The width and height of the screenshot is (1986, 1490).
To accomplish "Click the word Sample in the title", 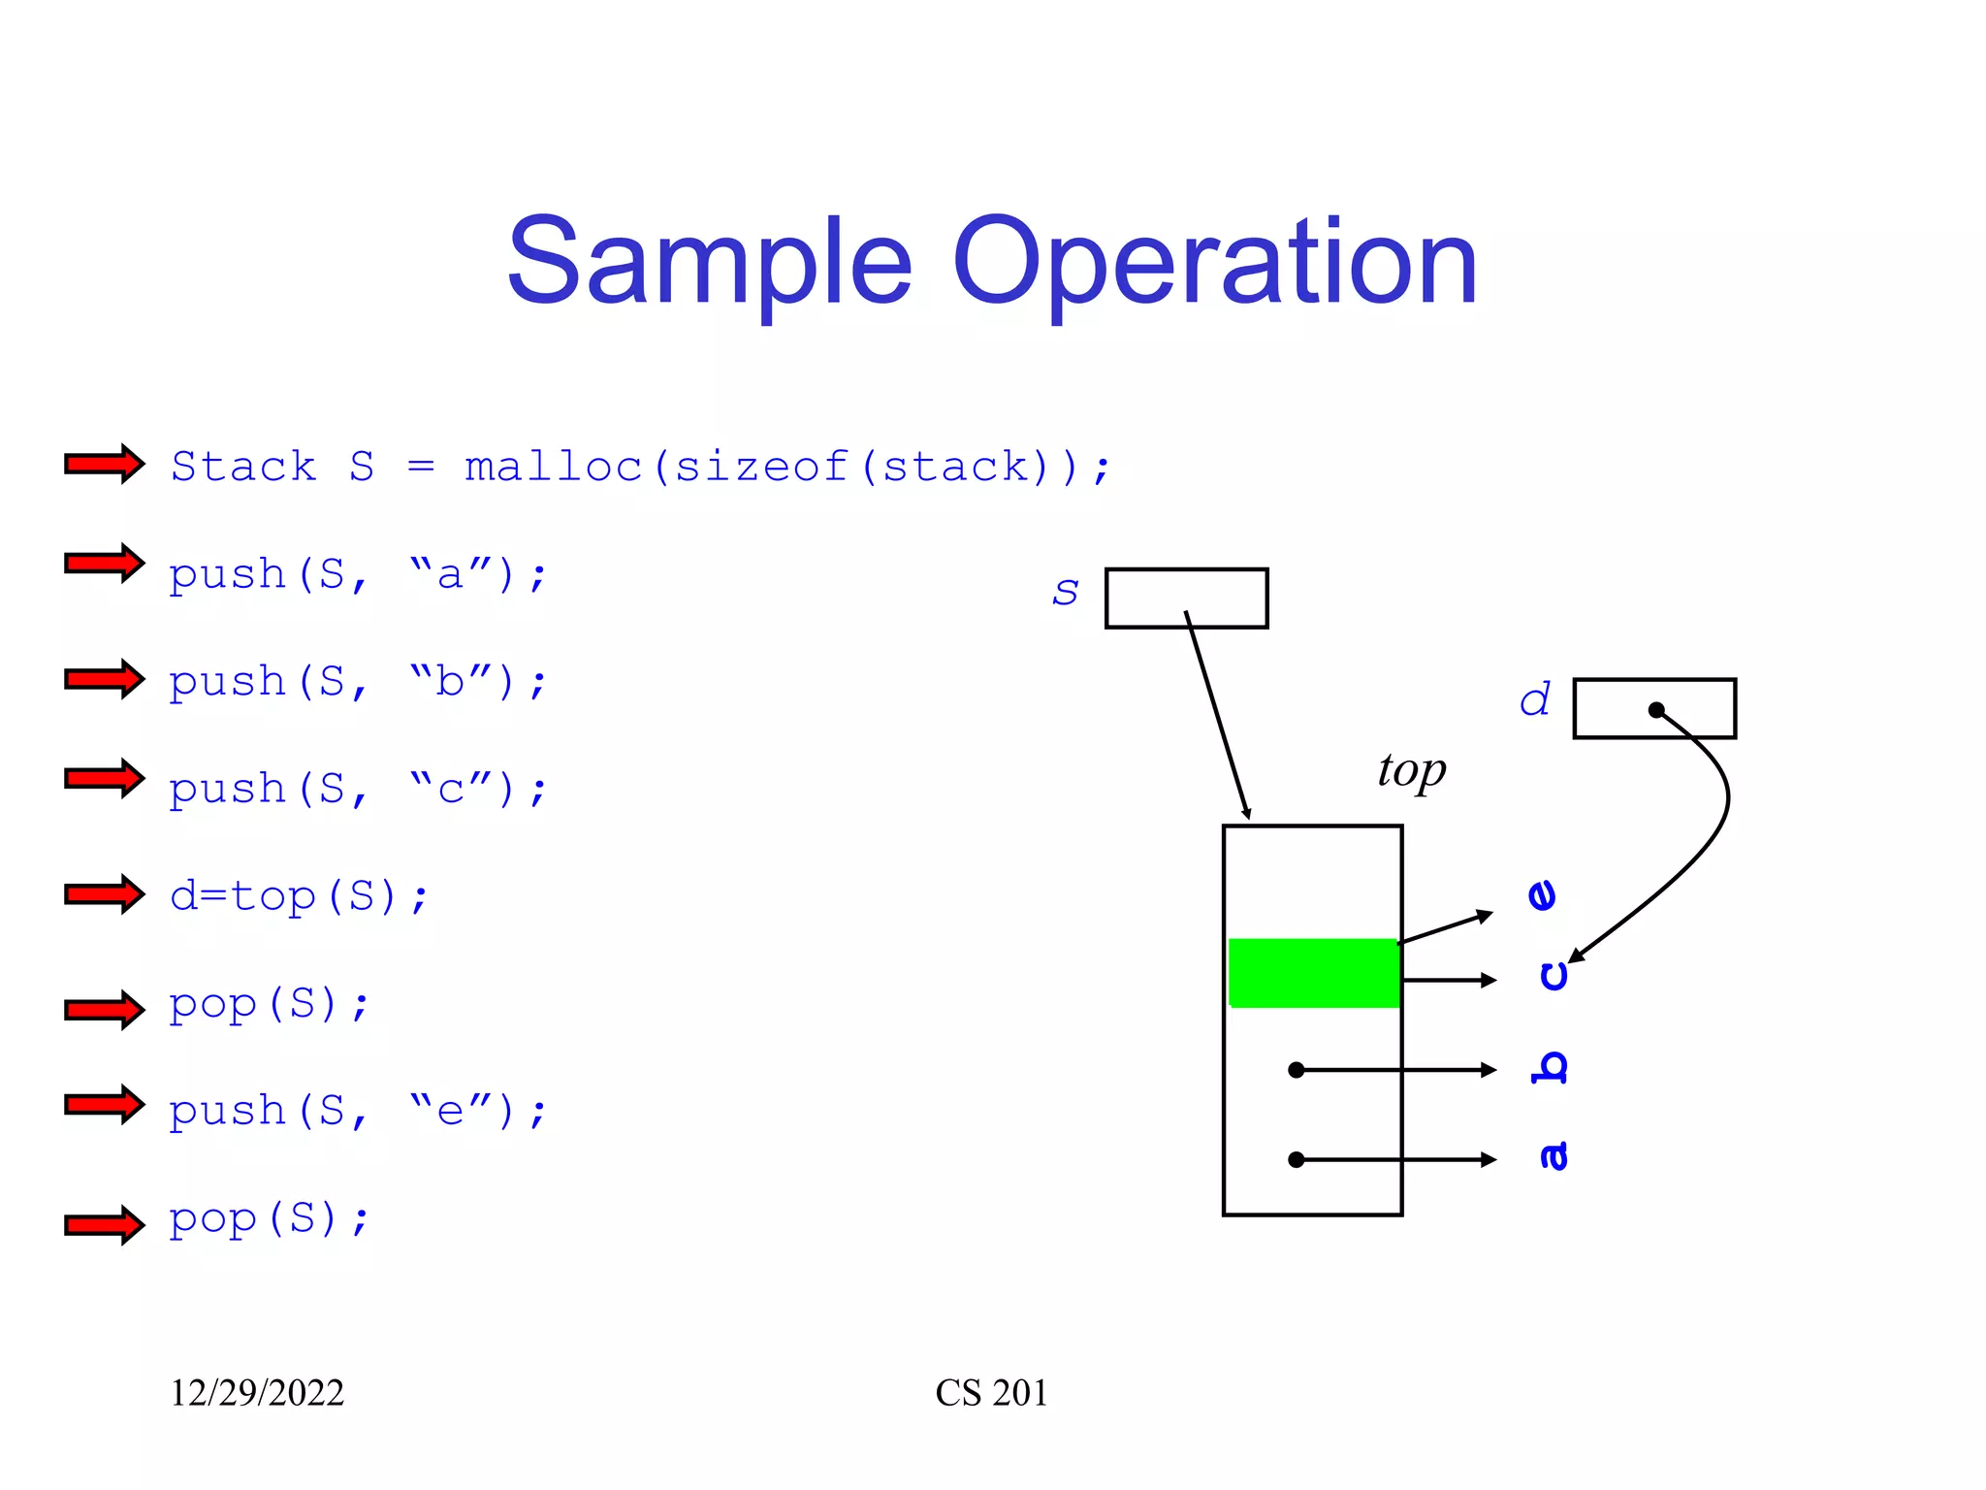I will pyautogui.click(x=709, y=262).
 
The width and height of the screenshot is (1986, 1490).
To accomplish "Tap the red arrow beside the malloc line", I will pyautogui.click(x=104, y=464).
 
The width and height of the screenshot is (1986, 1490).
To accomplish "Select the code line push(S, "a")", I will pyautogui.click(x=358, y=574).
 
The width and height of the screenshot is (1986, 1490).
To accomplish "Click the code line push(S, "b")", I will pyautogui.click(x=358, y=682).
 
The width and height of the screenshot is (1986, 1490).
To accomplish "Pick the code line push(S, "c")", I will pyautogui.click(x=358, y=789).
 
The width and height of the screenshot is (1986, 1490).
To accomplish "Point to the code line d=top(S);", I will pyautogui.click(x=299, y=896).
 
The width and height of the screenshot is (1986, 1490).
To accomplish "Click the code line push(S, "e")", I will pyautogui.click(x=358, y=1111).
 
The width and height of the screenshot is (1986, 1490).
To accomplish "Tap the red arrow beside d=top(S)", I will pyautogui.click(x=104, y=893).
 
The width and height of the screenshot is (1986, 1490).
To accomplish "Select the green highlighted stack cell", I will pyautogui.click(x=1313, y=973).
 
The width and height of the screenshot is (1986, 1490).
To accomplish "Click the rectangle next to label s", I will pyautogui.click(x=1186, y=598).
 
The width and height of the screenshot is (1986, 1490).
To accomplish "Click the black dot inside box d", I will pyautogui.click(x=1656, y=710).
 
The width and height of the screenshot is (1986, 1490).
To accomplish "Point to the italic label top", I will pyautogui.click(x=1411, y=771).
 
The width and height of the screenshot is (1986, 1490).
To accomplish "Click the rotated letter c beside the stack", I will pyautogui.click(x=1554, y=975).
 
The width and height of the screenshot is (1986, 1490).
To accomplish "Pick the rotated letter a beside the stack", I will pyautogui.click(x=1554, y=1155).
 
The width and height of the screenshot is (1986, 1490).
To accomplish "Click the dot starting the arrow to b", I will pyautogui.click(x=1296, y=1070).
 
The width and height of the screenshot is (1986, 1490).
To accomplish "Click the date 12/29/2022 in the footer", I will pyautogui.click(x=257, y=1393).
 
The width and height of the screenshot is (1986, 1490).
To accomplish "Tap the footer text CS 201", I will pyautogui.click(x=991, y=1393).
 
